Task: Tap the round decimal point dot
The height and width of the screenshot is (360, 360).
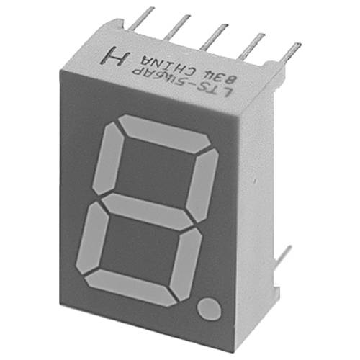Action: click(x=210, y=310)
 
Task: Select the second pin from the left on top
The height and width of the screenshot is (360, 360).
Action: click(x=177, y=29)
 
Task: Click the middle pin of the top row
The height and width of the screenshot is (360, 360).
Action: click(x=214, y=37)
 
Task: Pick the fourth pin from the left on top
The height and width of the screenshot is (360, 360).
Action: click(x=251, y=45)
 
